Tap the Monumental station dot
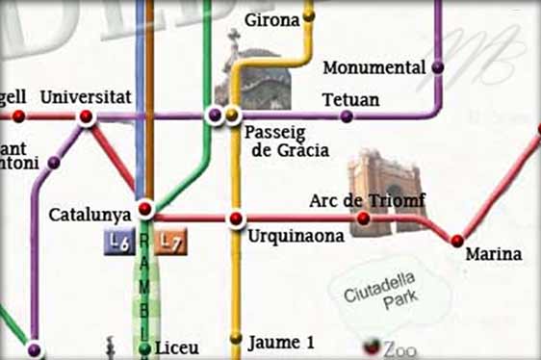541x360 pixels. tap(438, 67)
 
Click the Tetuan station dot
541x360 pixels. tap(347, 116)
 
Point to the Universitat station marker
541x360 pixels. tap(87, 117)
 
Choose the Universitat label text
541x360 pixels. tap(85, 97)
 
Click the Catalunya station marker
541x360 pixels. tap(145, 209)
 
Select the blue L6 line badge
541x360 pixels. tap(117, 244)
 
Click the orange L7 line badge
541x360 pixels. tap(171, 244)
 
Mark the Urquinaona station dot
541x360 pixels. tap(236, 219)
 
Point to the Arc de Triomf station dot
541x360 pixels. tap(363, 219)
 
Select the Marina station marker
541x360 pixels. tap(457, 241)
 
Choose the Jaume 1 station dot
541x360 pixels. tap(236, 338)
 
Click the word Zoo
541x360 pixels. tap(400, 348)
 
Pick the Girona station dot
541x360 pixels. tap(309, 16)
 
